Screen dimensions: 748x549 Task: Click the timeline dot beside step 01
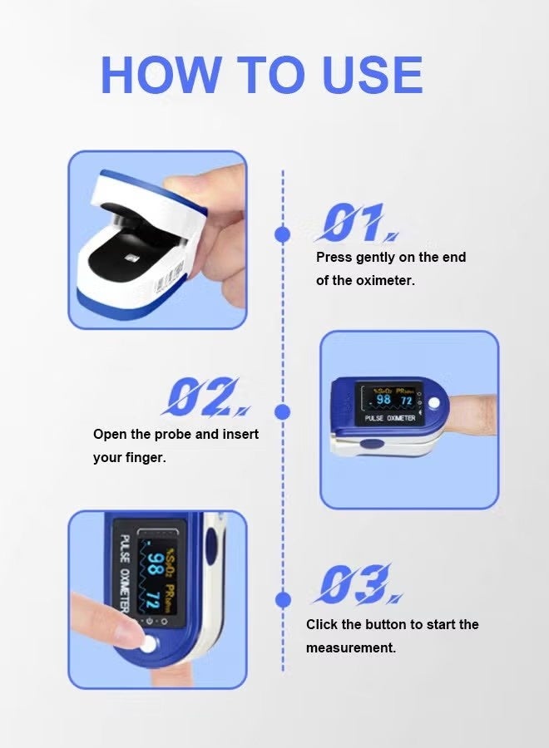(283, 234)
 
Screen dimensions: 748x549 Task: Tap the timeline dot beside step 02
(283, 411)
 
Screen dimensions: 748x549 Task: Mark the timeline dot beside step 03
(283, 598)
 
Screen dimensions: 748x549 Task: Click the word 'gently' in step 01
(375, 258)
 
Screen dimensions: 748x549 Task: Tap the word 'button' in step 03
(382, 624)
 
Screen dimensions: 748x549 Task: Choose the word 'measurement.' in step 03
(351, 647)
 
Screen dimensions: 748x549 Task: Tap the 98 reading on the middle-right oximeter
(383, 401)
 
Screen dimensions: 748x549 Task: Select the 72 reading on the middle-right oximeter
(407, 401)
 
